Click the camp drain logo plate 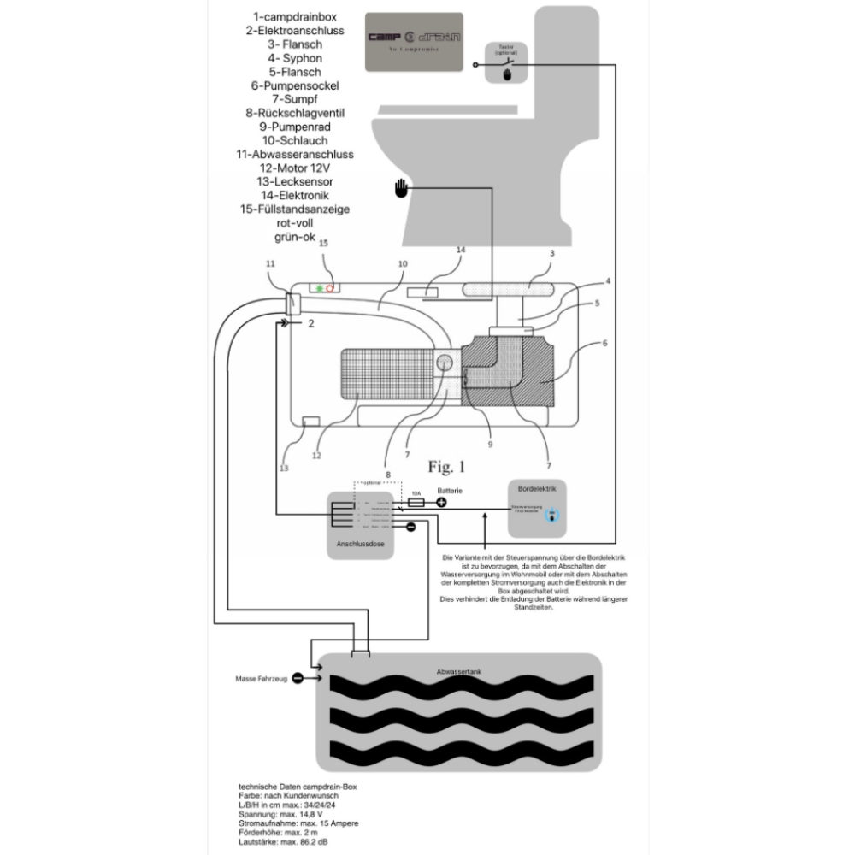pyautogui.click(x=414, y=41)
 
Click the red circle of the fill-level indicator pyautogui.click(x=329, y=289)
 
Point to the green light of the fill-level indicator pyautogui.click(x=318, y=289)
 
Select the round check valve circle pyautogui.click(x=445, y=363)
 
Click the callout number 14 pyautogui.click(x=460, y=250)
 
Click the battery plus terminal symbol pyautogui.click(x=441, y=502)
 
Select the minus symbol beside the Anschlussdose pyautogui.click(x=410, y=527)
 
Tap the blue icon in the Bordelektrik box pyautogui.click(x=551, y=516)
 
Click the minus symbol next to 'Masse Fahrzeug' pyautogui.click(x=297, y=678)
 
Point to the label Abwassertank pyautogui.click(x=458, y=672)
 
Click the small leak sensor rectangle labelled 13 pyautogui.click(x=311, y=422)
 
